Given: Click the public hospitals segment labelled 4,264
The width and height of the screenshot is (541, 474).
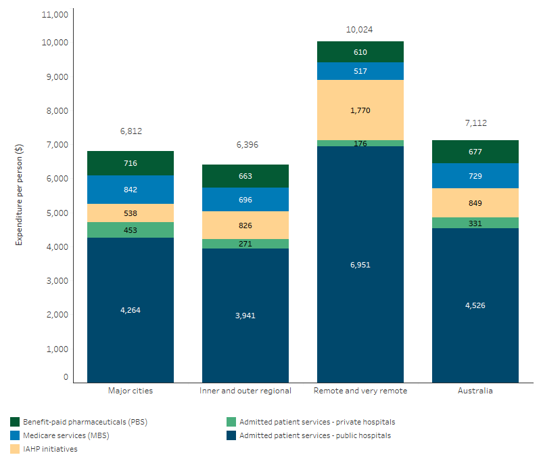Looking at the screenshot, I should pyautogui.click(x=131, y=310).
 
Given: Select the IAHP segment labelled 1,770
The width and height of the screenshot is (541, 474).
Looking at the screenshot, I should pyautogui.click(x=360, y=110).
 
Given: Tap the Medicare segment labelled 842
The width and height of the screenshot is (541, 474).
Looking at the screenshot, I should pyautogui.click(x=131, y=190).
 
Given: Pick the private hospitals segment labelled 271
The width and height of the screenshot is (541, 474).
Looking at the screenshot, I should pyautogui.click(x=245, y=244).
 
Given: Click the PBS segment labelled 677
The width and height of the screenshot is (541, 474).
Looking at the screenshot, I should pyautogui.click(x=475, y=152).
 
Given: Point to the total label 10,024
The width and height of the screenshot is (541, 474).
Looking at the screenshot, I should pyautogui.click(x=360, y=30).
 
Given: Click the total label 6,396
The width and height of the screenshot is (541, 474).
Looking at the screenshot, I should pyautogui.click(x=245, y=145).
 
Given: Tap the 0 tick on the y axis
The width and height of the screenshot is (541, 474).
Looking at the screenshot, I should pyautogui.click(x=66, y=377).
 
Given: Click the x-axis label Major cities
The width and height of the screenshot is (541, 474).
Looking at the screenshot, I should pyautogui.click(x=131, y=391).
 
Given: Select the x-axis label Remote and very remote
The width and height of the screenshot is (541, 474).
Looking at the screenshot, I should pyautogui.click(x=360, y=391).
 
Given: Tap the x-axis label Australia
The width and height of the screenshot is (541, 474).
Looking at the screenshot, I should pyautogui.click(x=475, y=391).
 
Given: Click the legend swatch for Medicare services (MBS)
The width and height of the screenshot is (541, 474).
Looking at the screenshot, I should pyautogui.click(x=15, y=435).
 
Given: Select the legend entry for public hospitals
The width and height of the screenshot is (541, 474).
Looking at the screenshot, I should pyautogui.click(x=314, y=435).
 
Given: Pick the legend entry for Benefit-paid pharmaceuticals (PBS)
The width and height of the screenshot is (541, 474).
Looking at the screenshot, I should pyautogui.click(x=85, y=422).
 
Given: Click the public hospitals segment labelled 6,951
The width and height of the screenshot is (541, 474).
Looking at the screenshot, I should pyautogui.click(x=360, y=265).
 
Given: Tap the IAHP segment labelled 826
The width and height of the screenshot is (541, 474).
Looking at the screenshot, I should pyautogui.click(x=245, y=225).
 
